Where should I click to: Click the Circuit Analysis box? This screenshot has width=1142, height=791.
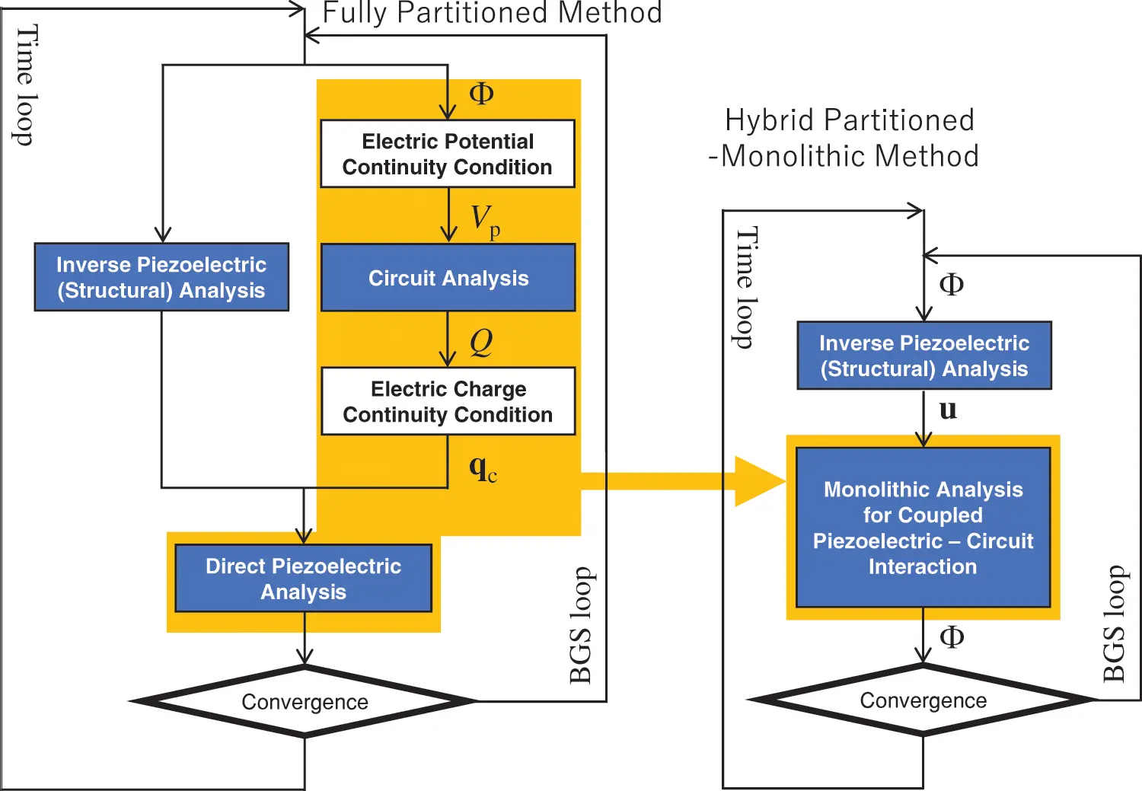coord(448,278)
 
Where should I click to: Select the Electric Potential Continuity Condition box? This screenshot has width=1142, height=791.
coord(448,154)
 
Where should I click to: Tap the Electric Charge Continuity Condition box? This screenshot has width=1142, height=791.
coord(448,401)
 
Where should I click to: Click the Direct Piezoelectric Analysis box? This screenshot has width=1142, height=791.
coord(303,579)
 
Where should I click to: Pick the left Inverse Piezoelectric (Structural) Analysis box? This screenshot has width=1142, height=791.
coord(161,277)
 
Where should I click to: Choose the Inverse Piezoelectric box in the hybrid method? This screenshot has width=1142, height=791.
coord(923,356)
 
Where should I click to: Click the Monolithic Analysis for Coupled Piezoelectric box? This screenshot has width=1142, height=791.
coord(923,528)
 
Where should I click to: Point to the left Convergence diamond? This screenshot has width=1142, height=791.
coord(305,701)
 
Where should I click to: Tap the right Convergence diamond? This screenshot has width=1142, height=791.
coord(923,700)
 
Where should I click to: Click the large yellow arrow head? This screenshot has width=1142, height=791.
coord(758,481)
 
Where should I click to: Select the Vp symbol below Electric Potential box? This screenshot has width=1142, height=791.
coord(484,221)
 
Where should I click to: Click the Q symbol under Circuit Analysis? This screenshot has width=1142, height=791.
coord(481,342)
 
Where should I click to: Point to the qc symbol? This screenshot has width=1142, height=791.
coord(483,467)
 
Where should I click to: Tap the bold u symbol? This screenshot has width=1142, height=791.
coord(948,410)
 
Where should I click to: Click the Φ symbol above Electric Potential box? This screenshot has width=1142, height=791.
coord(481,94)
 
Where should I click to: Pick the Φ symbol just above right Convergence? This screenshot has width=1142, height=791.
coord(952,636)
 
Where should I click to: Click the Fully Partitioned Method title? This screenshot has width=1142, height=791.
coord(492,13)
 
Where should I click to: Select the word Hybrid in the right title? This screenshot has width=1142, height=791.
coord(768,120)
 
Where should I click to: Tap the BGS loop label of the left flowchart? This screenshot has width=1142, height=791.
coord(581,624)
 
